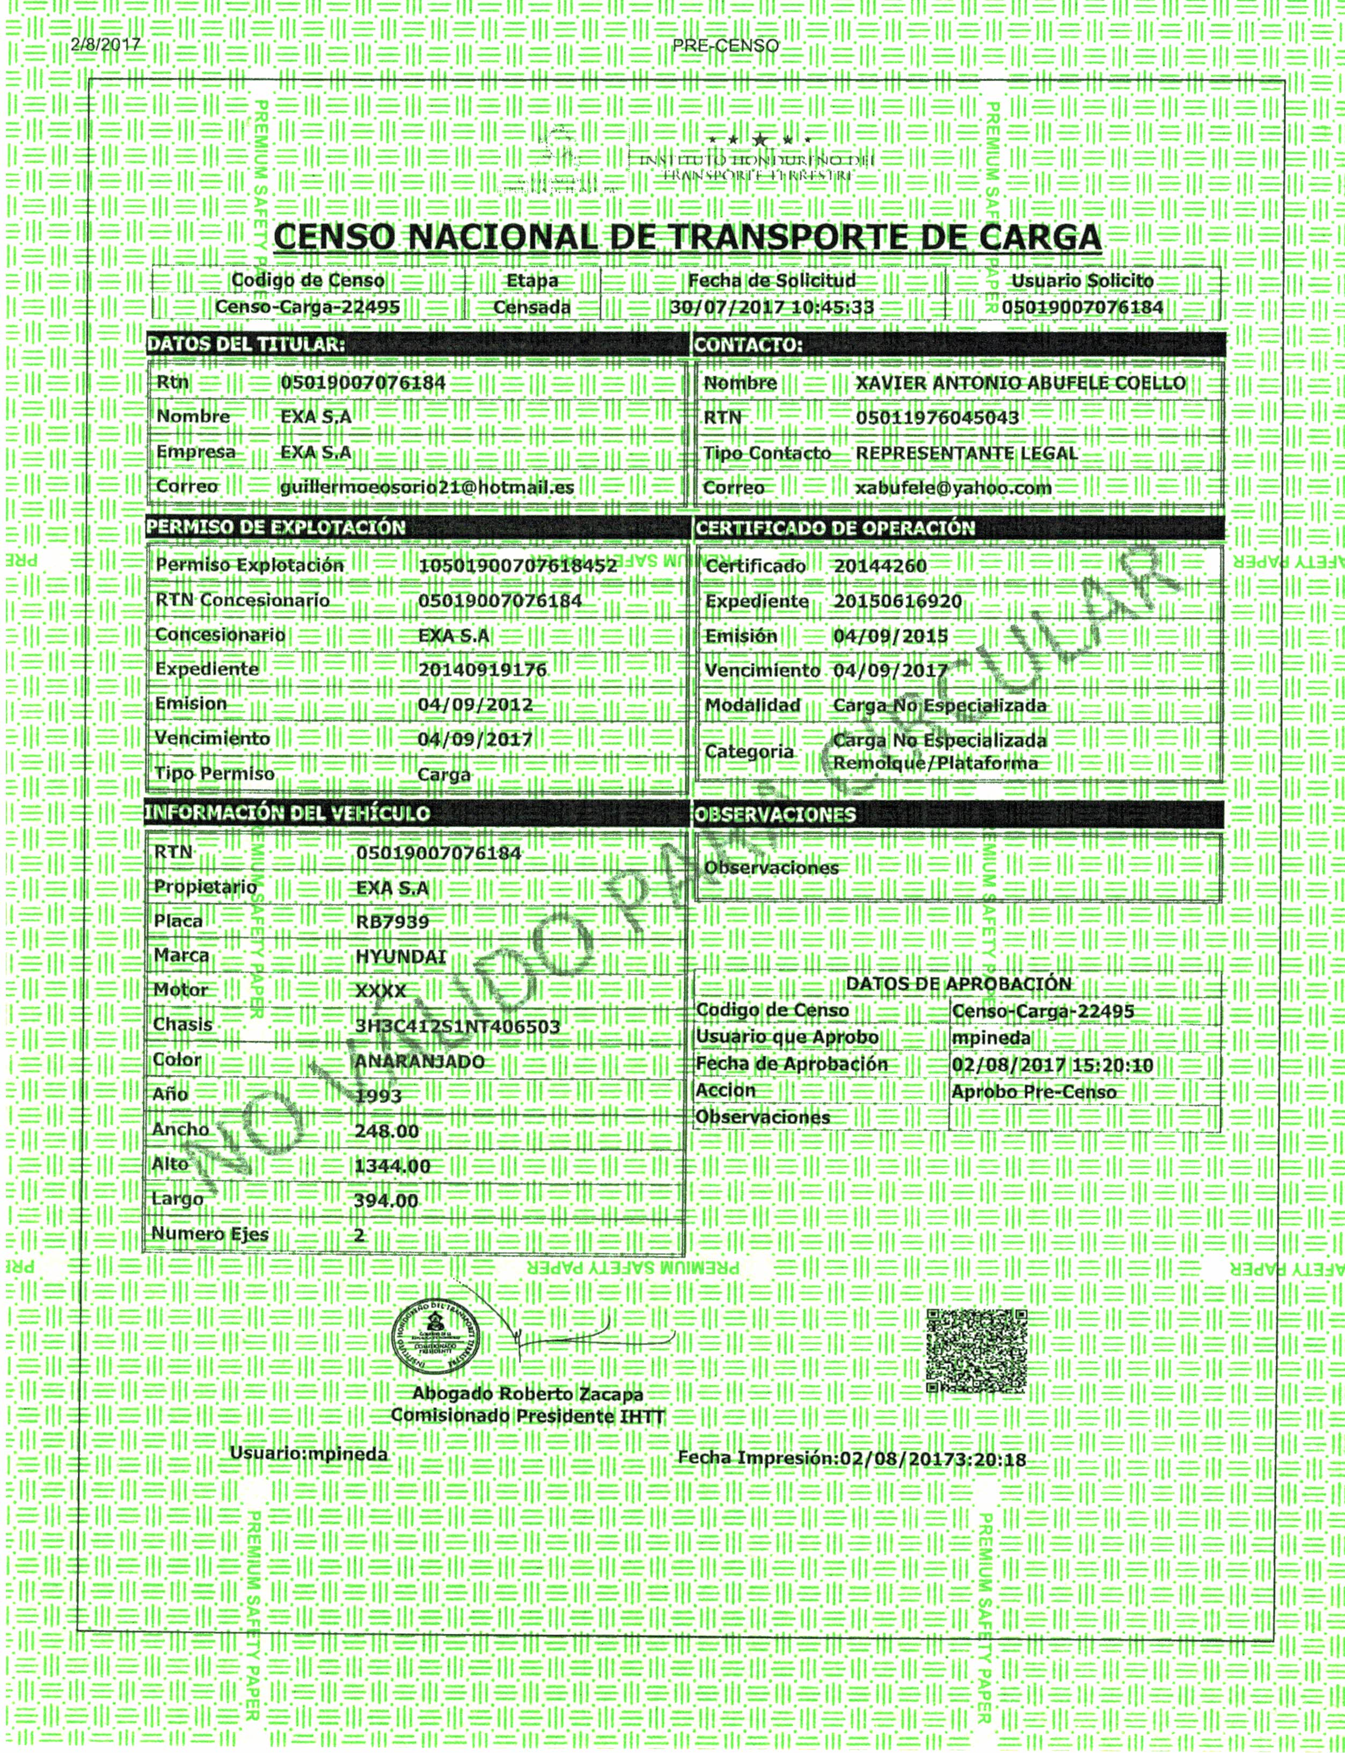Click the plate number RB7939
pyautogui.click(x=392, y=922)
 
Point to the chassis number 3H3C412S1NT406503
pyautogui.click(x=457, y=1027)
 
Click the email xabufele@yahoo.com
pyautogui.click(x=954, y=488)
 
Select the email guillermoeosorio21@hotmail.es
pyautogui.click(x=427, y=487)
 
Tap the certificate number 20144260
pyautogui.click(x=880, y=566)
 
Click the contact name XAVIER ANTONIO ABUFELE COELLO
pyautogui.click(x=1020, y=383)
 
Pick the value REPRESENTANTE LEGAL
pyautogui.click(x=966, y=453)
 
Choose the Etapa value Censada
pyautogui.click(x=531, y=308)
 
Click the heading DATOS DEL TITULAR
pyautogui.click(x=246, y=345)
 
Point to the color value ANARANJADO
pyautogui.click(x=420, y=1062)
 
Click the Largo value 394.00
pyautogui.click(x=386, y=1201)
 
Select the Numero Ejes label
pyautogui.click(x=210, y=1235)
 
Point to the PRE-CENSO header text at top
pyautogui.click(x=725, y=46)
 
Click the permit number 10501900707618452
pyautogui.click(x=518, y=566)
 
